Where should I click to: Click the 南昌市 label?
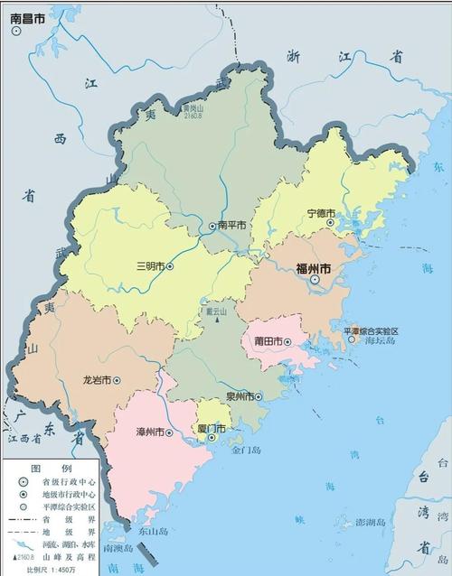click(30, 16)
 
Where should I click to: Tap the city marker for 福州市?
click(315, 281)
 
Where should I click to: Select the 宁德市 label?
click(322, 214)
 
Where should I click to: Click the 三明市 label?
click(149, 266)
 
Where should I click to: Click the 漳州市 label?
click(150, 432)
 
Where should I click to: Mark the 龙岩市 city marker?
click(116, 380)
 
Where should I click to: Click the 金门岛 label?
click(245, 449)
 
